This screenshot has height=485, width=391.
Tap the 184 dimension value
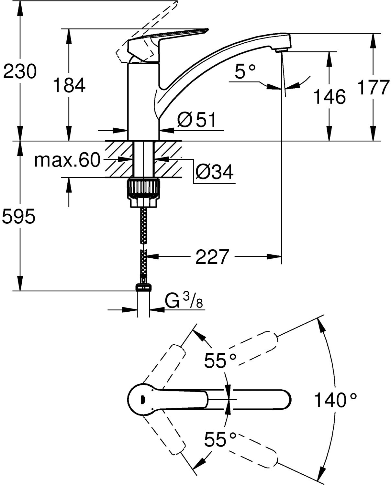[69, 85]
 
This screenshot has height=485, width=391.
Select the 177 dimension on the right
[373, 87]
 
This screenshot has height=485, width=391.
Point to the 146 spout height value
[330, 96]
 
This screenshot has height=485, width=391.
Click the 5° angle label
[245, 71]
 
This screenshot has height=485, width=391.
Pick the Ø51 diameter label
[196, 120]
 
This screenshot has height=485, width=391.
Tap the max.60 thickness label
[67, 160]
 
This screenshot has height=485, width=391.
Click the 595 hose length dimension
[18, 216]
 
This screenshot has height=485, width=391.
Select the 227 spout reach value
[212, 257]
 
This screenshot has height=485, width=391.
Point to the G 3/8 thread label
[184, 302]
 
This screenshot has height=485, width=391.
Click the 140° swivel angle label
[335, 400]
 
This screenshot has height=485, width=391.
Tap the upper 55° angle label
[220, 360]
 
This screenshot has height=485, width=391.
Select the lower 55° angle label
[220, 439]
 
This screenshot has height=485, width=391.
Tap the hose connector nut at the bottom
[143, 287]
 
